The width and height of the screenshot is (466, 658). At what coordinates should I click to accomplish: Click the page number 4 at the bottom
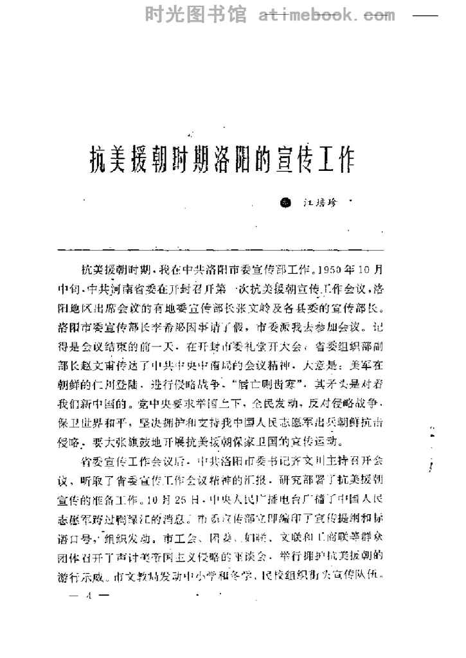click(91, 594)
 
